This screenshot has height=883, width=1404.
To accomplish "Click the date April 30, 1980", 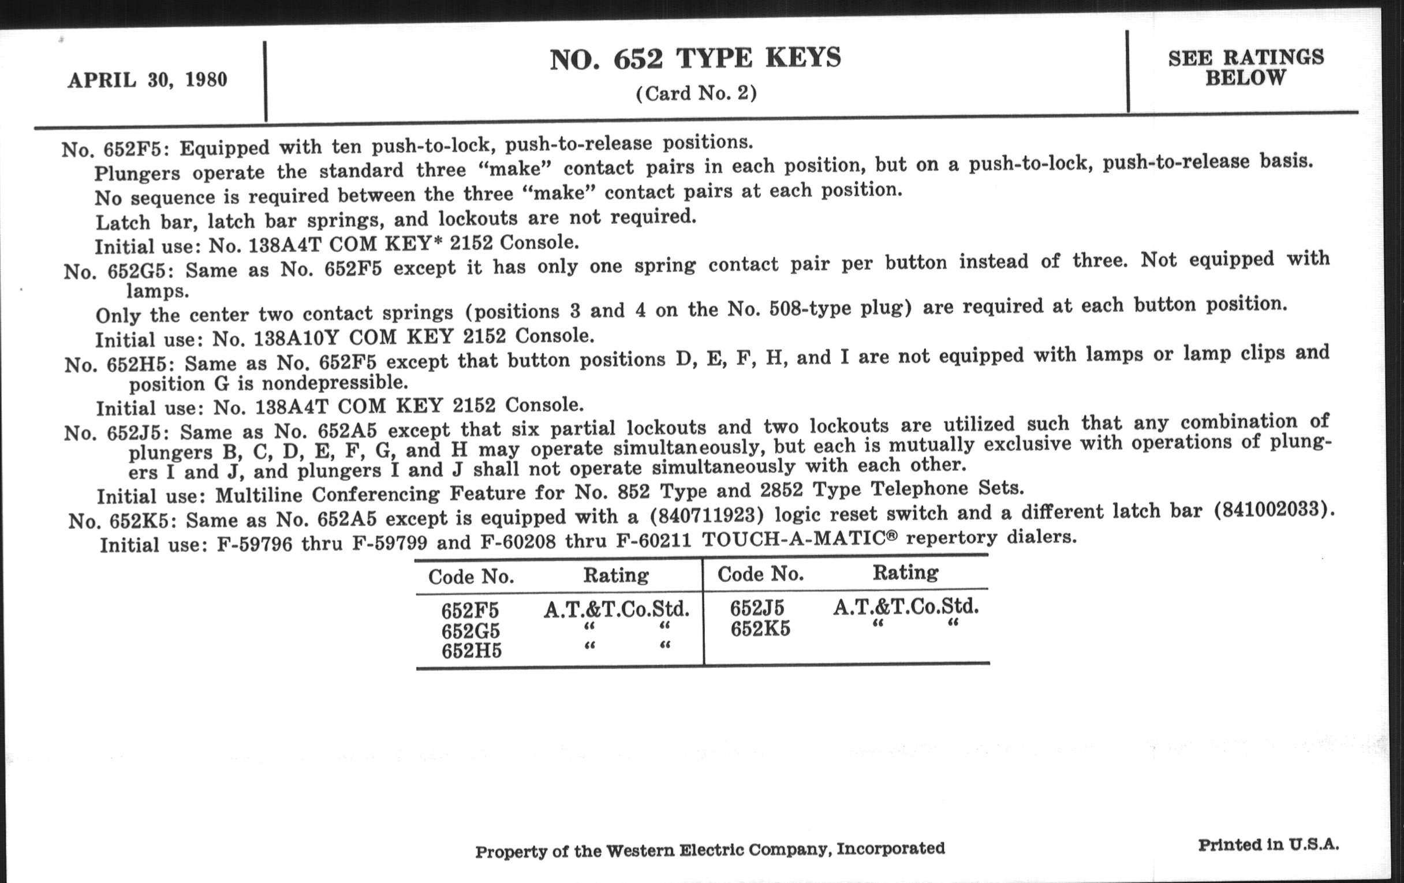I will click(x=148, y=80).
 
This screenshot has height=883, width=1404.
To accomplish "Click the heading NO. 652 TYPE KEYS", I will click(x=696, y=59).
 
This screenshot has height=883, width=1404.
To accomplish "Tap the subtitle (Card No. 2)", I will click(x=696, y=93).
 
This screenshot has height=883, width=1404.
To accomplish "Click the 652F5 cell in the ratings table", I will click(x=470, y=611).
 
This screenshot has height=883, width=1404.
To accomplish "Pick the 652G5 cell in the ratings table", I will click(x=471, y=631).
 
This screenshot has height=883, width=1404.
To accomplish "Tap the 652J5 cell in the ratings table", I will click(x=757, y=608).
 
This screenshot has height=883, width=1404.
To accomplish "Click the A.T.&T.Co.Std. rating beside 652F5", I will click(x=617, y=609).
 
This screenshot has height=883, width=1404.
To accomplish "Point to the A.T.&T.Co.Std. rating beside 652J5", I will click(x=905, y=607).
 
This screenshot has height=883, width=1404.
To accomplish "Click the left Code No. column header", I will click(x=471, y=577).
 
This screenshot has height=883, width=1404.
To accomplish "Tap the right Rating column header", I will click(x=905, y=573).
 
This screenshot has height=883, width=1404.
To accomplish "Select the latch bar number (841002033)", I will click(x=1273, y=510).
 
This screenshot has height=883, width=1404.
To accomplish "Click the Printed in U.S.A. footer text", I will click(x=1268, y=844).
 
